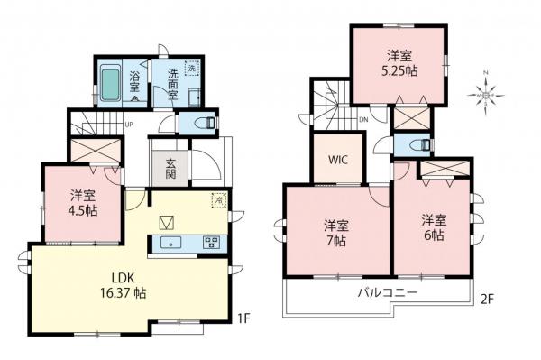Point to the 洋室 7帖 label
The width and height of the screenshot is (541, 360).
[337, 233]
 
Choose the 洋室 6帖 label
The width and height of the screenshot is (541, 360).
[433, 226]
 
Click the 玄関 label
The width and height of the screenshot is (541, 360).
[170, 171]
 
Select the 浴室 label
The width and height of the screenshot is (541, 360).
[134, 81]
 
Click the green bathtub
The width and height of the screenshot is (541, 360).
[111, 84]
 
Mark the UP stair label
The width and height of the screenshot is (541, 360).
[130, 125]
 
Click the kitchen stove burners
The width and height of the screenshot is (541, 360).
[213, 241]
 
